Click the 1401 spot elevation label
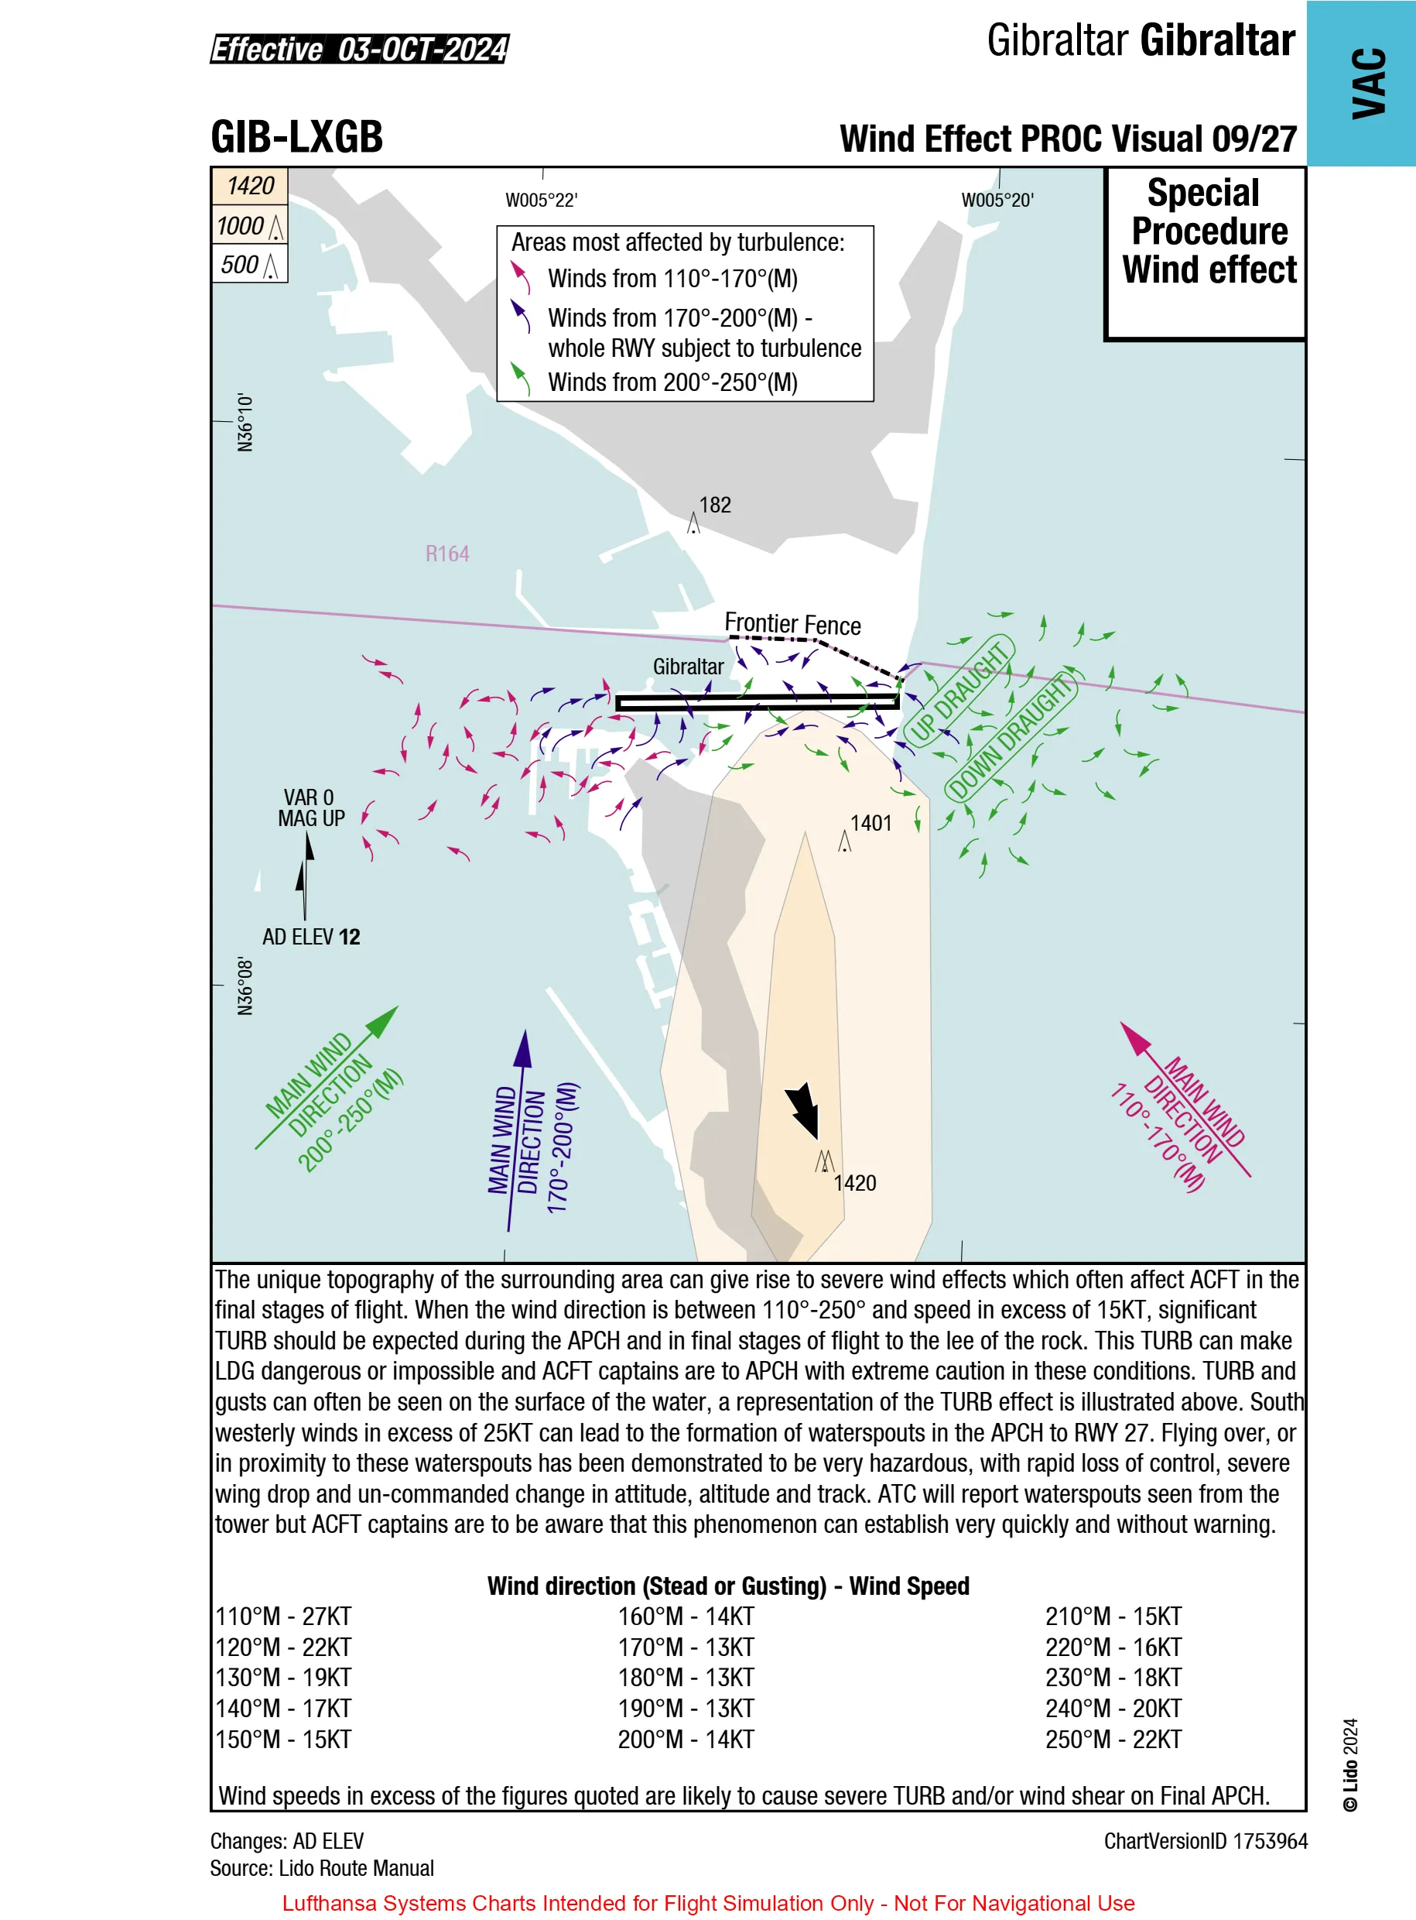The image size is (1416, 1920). [870, 823]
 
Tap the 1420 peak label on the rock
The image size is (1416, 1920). [854, 1184]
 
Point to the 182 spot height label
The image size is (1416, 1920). [715, 505]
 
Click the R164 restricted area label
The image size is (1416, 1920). [447, 554]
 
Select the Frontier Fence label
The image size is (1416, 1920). [793, 624]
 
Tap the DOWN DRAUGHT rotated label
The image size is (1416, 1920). [1011, 736]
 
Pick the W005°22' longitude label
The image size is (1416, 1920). [542, 201]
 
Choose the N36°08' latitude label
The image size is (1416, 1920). [246, 987]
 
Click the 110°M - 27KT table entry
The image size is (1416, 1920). [284, 1617]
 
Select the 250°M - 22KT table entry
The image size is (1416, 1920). [1113, 1739]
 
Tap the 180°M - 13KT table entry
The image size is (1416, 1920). [686, 1678]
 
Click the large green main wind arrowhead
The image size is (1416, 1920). [382, 1021]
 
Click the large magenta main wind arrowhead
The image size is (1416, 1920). [1136, 1037]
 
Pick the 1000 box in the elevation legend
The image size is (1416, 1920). [249, 225]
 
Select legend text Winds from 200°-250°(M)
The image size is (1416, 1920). [673, 382]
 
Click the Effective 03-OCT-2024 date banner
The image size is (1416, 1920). [360, 49]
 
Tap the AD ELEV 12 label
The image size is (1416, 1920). [311, 937]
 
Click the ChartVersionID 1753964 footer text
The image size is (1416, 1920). [1205, 1841]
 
